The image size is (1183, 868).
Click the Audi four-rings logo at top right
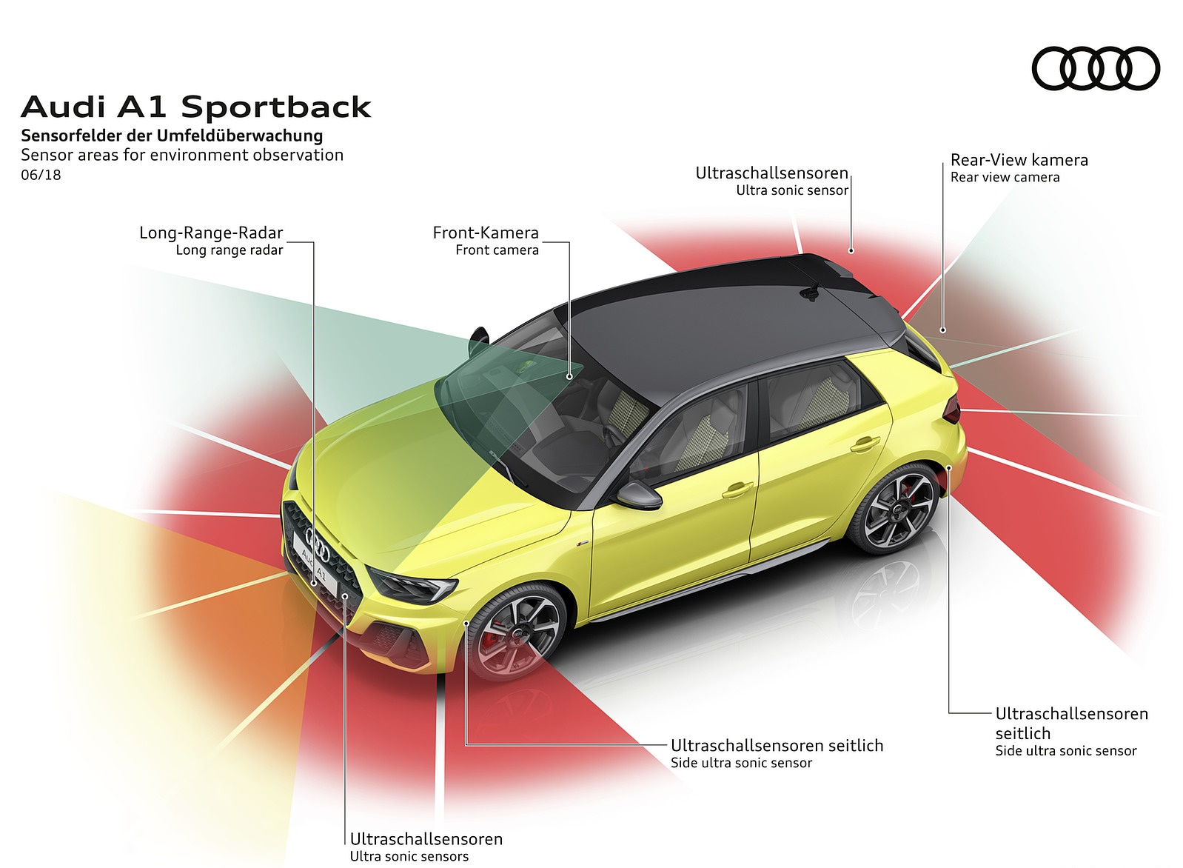tap(1095, 69)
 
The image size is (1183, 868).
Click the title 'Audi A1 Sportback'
tap(196, 107)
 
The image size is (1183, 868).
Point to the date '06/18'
tap(41, 176)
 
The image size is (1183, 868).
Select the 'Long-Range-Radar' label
tap(211, 233)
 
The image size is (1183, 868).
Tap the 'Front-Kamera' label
tap(486, 233)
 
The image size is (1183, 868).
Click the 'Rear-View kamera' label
tap(1019, 160)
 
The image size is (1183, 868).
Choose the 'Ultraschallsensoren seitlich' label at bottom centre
tap(777, 745)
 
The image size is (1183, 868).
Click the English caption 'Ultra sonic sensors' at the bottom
tap(409, 857)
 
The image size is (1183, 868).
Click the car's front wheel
tap(515, 631)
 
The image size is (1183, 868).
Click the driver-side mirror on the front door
tap(638, 495)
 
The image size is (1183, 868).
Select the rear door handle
tap(865, 444)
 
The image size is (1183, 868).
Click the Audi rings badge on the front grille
tap(318, 547)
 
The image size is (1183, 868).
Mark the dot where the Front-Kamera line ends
tap(569, 376)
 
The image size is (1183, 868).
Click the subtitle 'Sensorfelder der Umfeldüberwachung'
tap(172, 136)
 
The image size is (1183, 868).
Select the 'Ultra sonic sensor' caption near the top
tap(791, 190)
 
